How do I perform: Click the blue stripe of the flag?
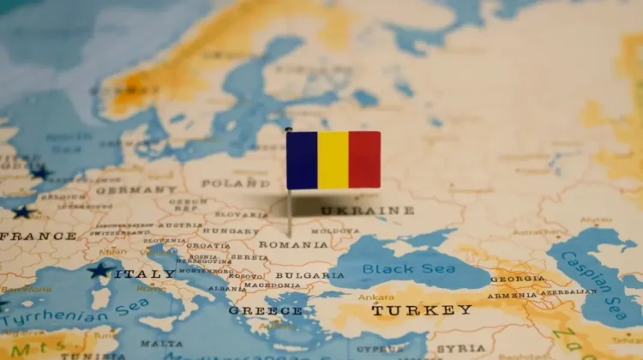point(302,160)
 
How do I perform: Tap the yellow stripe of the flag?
point(334,160)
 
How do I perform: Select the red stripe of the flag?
point(364,160)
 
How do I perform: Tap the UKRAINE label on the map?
point(367,210)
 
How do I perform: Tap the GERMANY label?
point(135,189)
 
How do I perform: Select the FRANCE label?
point(39,236)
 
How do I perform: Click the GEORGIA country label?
point(518,279)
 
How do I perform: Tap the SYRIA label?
point(460,348)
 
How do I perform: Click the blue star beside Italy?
point(99,271)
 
